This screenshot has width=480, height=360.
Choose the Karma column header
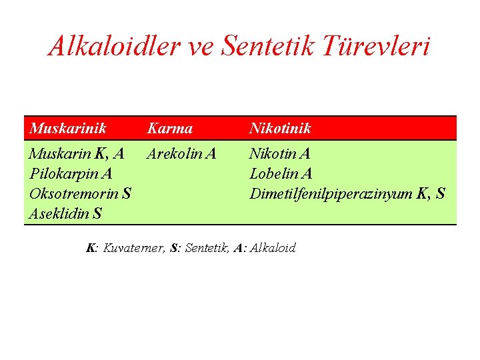[x=169, y=128]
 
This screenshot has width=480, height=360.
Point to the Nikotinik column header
[x=280, y=128]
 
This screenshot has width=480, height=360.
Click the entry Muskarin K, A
[x=77, y=154]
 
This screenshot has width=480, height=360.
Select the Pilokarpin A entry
[x=71, y=174]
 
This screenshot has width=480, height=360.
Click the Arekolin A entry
[x=181, y=154]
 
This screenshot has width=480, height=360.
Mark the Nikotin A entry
[x=279, y=154]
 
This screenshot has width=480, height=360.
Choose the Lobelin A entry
[x=281, y=174]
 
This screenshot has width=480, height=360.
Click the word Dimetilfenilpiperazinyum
[x=331, y=194]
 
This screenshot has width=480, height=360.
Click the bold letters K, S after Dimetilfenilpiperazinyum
[x=431, y=194]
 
